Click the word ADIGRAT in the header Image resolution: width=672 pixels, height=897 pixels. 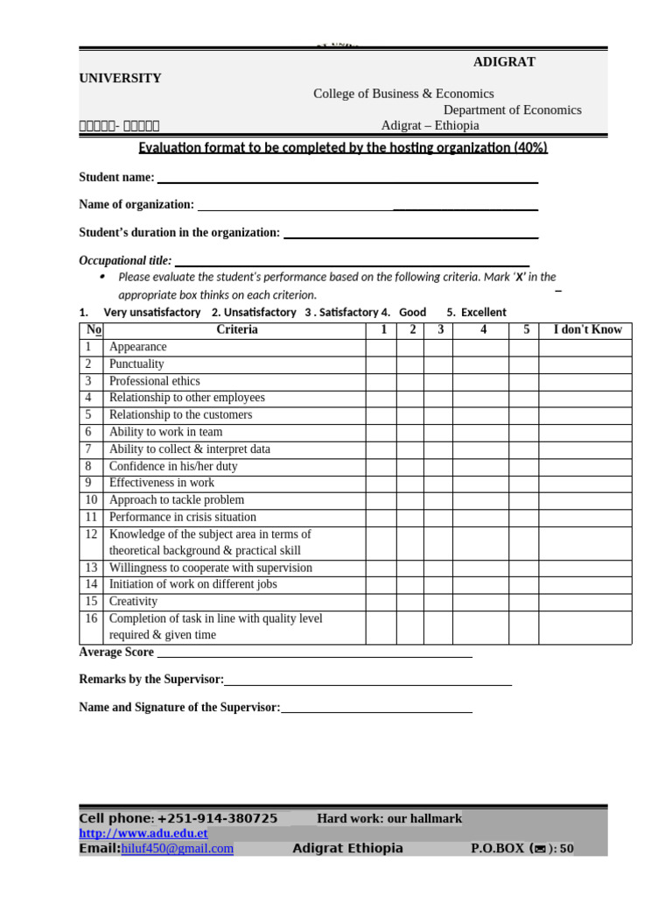504,61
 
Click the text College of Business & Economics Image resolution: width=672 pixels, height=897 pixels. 403,94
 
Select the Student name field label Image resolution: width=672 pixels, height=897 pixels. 116,177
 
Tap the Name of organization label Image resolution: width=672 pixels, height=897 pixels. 136,204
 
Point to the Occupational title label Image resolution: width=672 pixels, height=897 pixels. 125,260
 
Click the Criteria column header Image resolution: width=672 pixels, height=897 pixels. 236,330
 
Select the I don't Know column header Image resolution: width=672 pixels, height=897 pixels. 587,330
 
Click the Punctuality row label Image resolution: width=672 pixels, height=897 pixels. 136,364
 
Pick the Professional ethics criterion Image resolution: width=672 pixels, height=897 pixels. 154,381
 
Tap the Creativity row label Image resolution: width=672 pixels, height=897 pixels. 133,602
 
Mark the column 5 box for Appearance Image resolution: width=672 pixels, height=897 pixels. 523,347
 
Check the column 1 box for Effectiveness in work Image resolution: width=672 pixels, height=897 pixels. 381,483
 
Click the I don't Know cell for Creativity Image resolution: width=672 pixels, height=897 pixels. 584,602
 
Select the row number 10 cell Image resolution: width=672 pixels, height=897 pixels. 91,500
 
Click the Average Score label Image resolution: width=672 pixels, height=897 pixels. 116,652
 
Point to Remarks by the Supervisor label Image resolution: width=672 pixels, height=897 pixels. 151,680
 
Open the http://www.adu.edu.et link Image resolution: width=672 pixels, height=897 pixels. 143,833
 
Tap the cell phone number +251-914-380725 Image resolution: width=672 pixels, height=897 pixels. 217,818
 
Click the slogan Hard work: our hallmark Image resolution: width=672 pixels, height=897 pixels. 388,818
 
